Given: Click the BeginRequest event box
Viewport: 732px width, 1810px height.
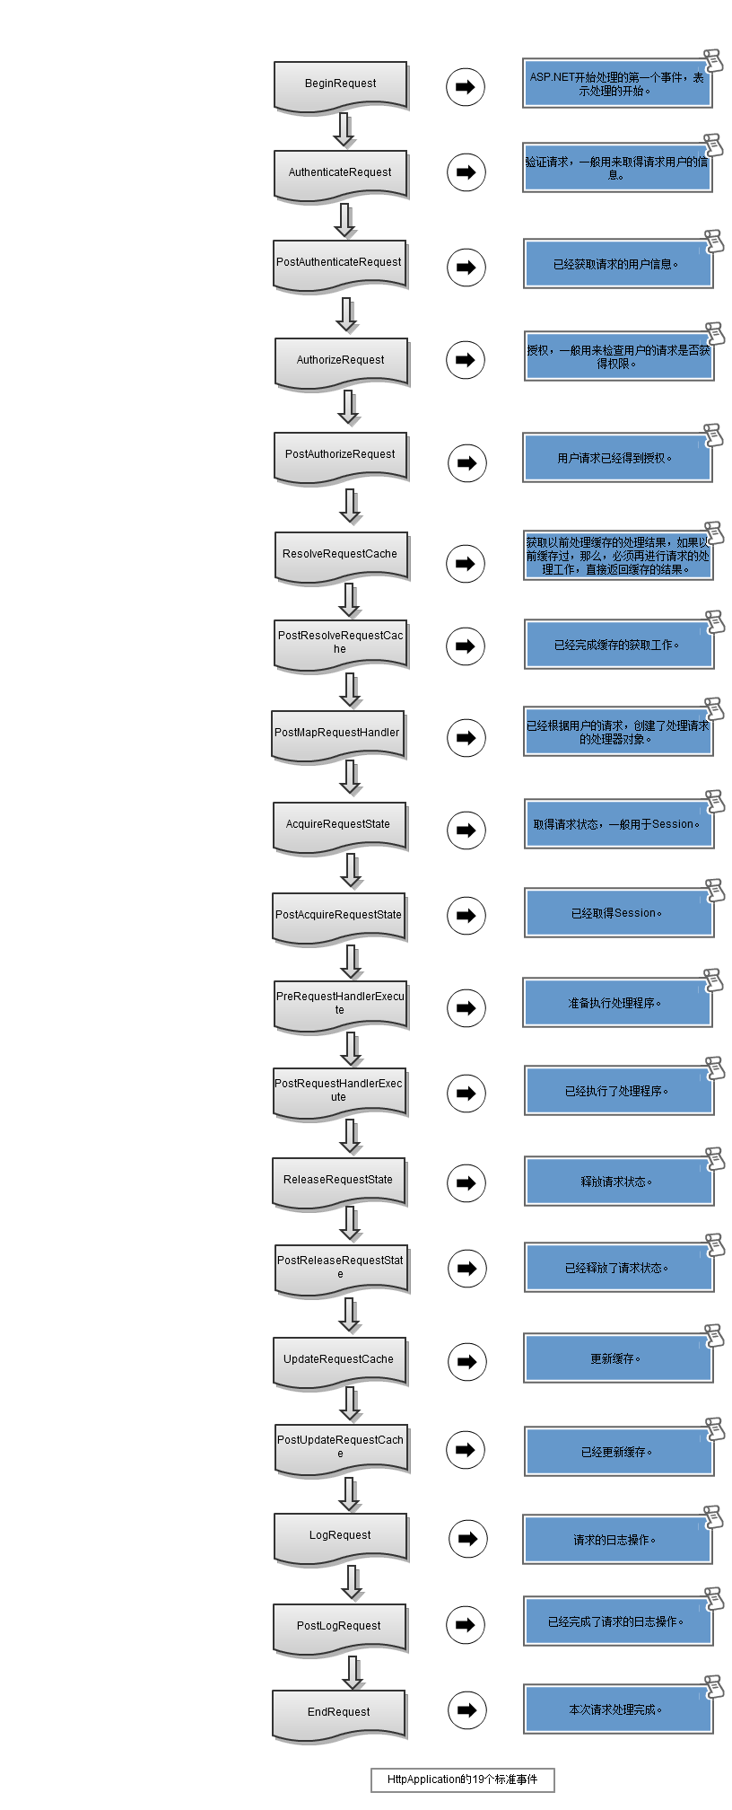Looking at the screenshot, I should (340, 84).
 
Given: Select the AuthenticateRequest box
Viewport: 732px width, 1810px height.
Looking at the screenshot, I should (340, 172).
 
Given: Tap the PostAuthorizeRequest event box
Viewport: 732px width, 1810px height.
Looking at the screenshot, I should (340, 455).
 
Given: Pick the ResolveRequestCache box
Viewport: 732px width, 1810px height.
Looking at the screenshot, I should (340, 555).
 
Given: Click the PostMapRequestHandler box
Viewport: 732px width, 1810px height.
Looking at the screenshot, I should (337, 734).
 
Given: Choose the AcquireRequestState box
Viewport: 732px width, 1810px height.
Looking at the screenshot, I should (338, 825).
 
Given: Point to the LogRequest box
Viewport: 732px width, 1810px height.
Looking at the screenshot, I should (340, 1536).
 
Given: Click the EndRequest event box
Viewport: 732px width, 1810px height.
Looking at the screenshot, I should (338, 1713).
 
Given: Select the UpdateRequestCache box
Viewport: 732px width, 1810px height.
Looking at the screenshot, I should (338, 1360).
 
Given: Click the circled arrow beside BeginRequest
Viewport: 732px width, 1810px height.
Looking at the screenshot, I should (466, 87).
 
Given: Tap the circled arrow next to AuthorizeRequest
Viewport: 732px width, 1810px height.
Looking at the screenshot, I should (466, 360).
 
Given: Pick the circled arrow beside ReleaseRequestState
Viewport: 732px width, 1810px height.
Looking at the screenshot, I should (466, 1183).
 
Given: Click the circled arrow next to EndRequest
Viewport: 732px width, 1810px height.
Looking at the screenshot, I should (466, 1710).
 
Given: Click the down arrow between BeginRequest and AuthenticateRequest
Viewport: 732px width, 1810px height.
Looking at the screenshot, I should (344, 129).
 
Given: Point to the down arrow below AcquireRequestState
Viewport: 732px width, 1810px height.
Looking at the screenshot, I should (352, 870).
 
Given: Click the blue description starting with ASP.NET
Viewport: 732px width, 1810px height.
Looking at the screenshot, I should (616, 84).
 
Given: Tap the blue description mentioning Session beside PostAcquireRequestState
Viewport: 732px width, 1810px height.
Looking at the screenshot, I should (617, 914).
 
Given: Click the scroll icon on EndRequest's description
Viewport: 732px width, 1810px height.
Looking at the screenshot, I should (714, 1686).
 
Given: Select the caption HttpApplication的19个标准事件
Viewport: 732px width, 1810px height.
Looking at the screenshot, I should (463, 1779).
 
